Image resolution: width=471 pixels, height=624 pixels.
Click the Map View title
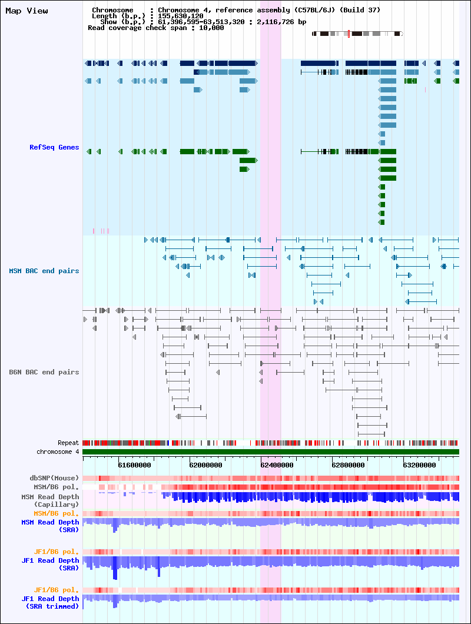[26, 11]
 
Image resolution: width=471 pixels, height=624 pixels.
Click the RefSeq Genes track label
[54, 147]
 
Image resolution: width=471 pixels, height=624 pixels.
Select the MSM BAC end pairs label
[44, 271]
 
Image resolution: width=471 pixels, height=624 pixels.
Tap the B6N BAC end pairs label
[44, 372]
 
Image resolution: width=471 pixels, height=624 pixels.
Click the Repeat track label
[68, 443]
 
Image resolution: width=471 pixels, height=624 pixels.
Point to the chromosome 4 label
[58, 452]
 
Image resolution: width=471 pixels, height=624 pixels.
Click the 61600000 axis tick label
[135, 465]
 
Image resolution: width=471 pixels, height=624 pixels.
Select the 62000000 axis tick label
[206, 465]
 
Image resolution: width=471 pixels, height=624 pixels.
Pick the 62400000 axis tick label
[277, 465]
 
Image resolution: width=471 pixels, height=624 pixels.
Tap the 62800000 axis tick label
[348, 465]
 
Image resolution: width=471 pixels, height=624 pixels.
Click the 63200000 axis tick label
[419, 465]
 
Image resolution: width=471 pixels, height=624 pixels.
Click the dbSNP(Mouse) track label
[54, 478]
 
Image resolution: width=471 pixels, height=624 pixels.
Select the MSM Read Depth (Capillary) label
[50, 500]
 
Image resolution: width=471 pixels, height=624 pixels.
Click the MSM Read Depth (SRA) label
[50, 526]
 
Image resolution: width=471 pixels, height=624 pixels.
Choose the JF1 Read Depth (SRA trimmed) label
[50, 602]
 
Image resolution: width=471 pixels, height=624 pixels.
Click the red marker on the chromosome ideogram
[349, 34]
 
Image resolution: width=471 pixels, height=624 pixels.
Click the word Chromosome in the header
[112, 10]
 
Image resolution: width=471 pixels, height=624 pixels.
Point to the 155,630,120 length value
[181, 16]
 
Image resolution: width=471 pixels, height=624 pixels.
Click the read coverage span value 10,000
[211, 28]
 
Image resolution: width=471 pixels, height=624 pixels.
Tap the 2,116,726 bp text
[281, 22]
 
